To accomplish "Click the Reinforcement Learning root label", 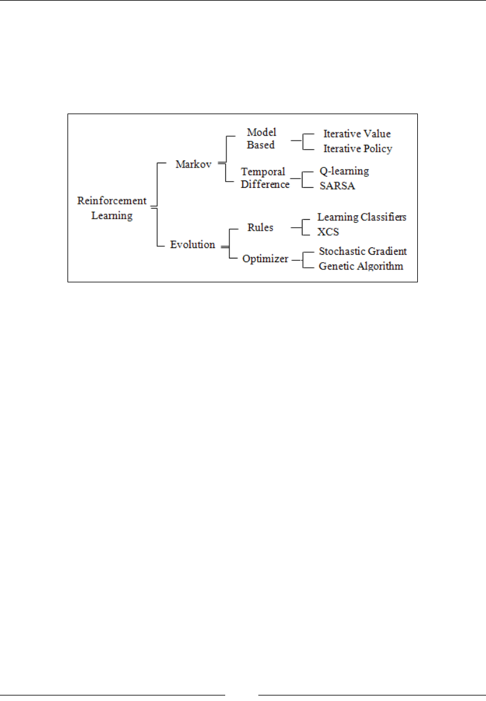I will pyautogui.click(x=112, y=208).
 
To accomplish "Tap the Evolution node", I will pyautogui.click(x=193, y=244).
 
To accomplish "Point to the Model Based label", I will pyautogui.click(x=261, y=139).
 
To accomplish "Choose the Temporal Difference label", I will pyautogui.click(x=264, y=178).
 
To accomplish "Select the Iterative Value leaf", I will pyautogui.click(x=357, y=134).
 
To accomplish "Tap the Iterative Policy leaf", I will pyautogui.click(x=357, y=149).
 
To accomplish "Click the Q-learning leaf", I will pyautogui.click(x=344, y=171).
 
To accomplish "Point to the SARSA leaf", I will pyautogui.click(x=337, y=186).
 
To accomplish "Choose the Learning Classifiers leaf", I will pyautogui.click(x=361, y=217).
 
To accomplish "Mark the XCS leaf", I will pyautogui.click(x=328, y=232).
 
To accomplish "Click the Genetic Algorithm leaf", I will pyautogui.click(x=361, y=266).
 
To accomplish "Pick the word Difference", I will pyautogui.click(x=264, y=184).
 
